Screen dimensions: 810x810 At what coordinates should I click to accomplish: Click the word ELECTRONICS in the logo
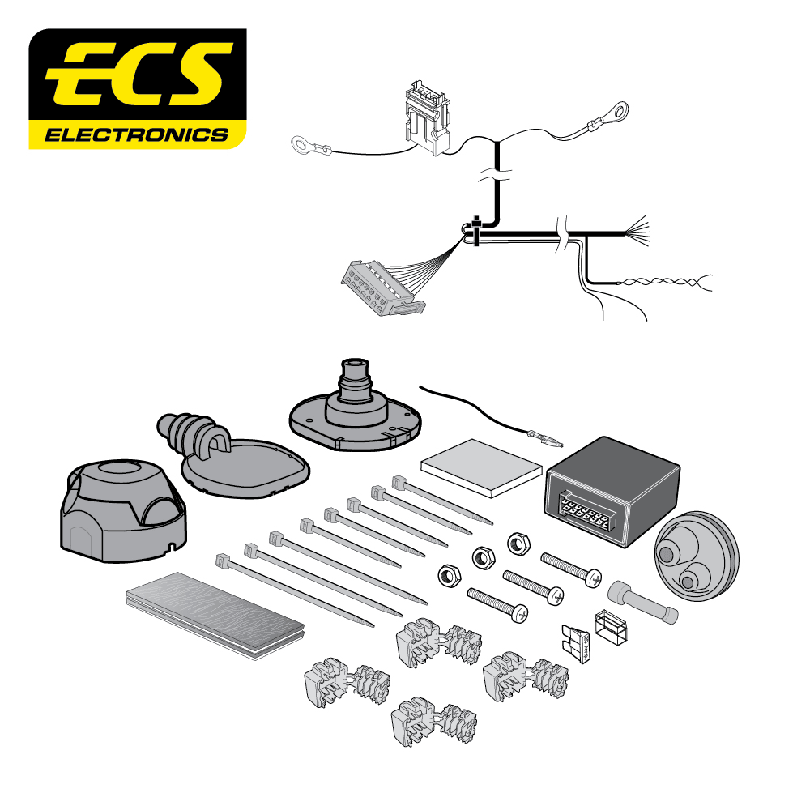click(136, 135)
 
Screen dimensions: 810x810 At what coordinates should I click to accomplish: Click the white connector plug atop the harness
click(427, 117)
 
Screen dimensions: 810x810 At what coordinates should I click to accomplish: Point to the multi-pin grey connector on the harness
click(382, 288)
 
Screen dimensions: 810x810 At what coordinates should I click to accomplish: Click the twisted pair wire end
click(667, 282)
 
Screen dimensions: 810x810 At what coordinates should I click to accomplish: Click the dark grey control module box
click(612, 491)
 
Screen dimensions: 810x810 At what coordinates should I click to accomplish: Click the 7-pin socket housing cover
click(123, 510)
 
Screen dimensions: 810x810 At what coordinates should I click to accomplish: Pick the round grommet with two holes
click(697, 556)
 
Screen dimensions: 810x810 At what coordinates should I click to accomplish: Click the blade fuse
click(575, 642)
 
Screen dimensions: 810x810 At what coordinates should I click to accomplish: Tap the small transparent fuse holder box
click(611, 629)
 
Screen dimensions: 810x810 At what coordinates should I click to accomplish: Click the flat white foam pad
click(481, 468)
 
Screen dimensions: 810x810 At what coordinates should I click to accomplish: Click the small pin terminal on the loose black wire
click(545, 439)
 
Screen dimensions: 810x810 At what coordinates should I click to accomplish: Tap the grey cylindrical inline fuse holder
click(643, 603)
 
